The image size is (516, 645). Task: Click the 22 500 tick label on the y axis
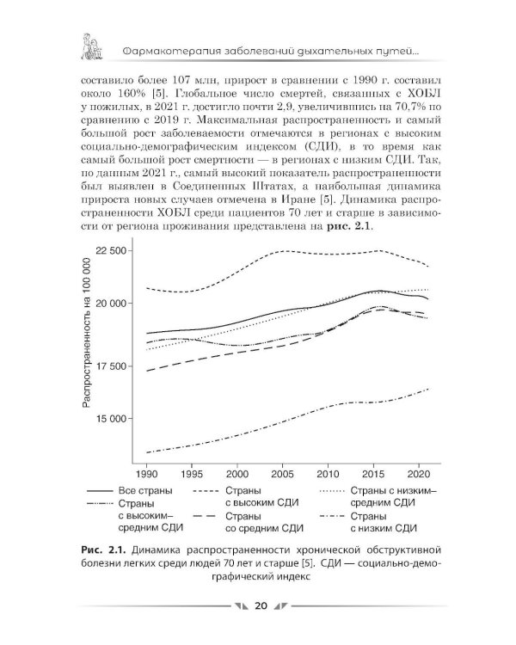tap(110, 251)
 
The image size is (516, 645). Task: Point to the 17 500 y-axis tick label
tap(110, 365)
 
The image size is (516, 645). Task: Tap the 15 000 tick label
tap(110, 419)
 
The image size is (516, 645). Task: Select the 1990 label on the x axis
tap(146, 474)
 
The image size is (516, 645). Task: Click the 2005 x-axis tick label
tap(282, 474)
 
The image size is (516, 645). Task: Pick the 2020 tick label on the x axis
tap(419, 474)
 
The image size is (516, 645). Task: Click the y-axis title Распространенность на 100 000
tap(86, 332)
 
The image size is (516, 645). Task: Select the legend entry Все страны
tap(145, 491)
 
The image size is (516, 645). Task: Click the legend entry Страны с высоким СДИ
tap(261, 496)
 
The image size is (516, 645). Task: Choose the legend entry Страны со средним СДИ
tap(264, 522)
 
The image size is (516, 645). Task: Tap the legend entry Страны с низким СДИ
tap(384, 522)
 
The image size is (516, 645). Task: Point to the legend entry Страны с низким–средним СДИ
tap(393, 496)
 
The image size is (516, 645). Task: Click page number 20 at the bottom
tap(261, 606)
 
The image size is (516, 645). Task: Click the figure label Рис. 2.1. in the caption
tap(105, 550)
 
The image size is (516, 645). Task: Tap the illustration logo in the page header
tap(92, 46)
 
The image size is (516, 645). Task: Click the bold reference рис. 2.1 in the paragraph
tap(349, 226)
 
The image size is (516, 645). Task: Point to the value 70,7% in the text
tap(408, 107)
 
